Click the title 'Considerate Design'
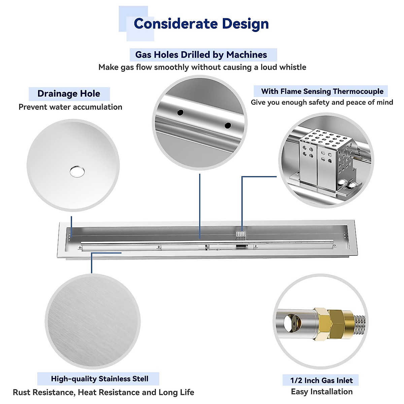click(201, 24)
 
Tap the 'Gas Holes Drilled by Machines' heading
click(201, 55)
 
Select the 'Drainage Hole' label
click(69, 94)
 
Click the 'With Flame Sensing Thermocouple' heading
click(322, 91)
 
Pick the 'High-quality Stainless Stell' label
click(99, 379)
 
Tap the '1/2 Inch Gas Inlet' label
click(321, 380)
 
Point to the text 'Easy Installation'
click(322, 392)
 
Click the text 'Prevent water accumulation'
click(70, 107)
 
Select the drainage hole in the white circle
click(77, 172)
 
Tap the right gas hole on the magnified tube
click(228, 125)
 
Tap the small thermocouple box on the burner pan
click(240, 235)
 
